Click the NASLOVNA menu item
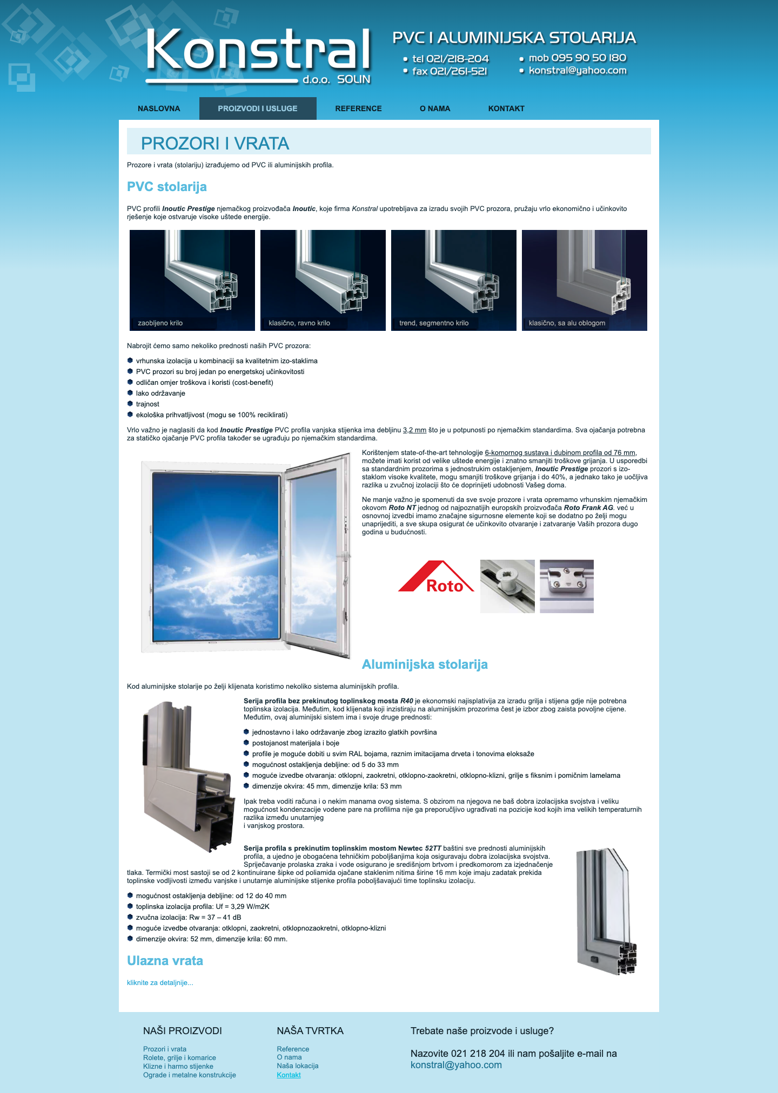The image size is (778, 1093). [x=159, y=108]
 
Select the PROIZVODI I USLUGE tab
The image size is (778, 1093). [x=258, y=108]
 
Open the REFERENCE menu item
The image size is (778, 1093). [x=358, y=108]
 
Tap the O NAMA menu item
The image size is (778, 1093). [x=435, y=108]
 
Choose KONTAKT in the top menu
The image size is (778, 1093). [x=506, y=108]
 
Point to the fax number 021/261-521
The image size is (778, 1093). [x=450, y=71]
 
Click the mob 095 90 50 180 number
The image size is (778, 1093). [x=577, y=58]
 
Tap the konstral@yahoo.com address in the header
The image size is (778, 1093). [x=577, y=71]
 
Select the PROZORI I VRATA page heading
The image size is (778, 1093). [x=215, y=143]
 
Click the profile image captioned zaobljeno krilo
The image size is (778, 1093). [x=192, y=280]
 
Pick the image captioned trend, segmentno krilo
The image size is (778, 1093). [x=454, y=280]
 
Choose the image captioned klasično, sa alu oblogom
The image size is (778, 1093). [x=585, y=280]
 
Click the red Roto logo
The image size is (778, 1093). [x=436, y=578]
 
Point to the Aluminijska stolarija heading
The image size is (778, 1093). [x=425, y=664]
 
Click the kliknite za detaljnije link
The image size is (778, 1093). [x=160, y=982]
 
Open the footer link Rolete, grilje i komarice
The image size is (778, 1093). [x=179, y=1057]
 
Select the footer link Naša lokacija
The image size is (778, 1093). [x=298, y=1065]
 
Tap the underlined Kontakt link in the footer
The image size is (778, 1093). [x=289, y=1075]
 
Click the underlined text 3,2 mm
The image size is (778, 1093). [x=414, y=430]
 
